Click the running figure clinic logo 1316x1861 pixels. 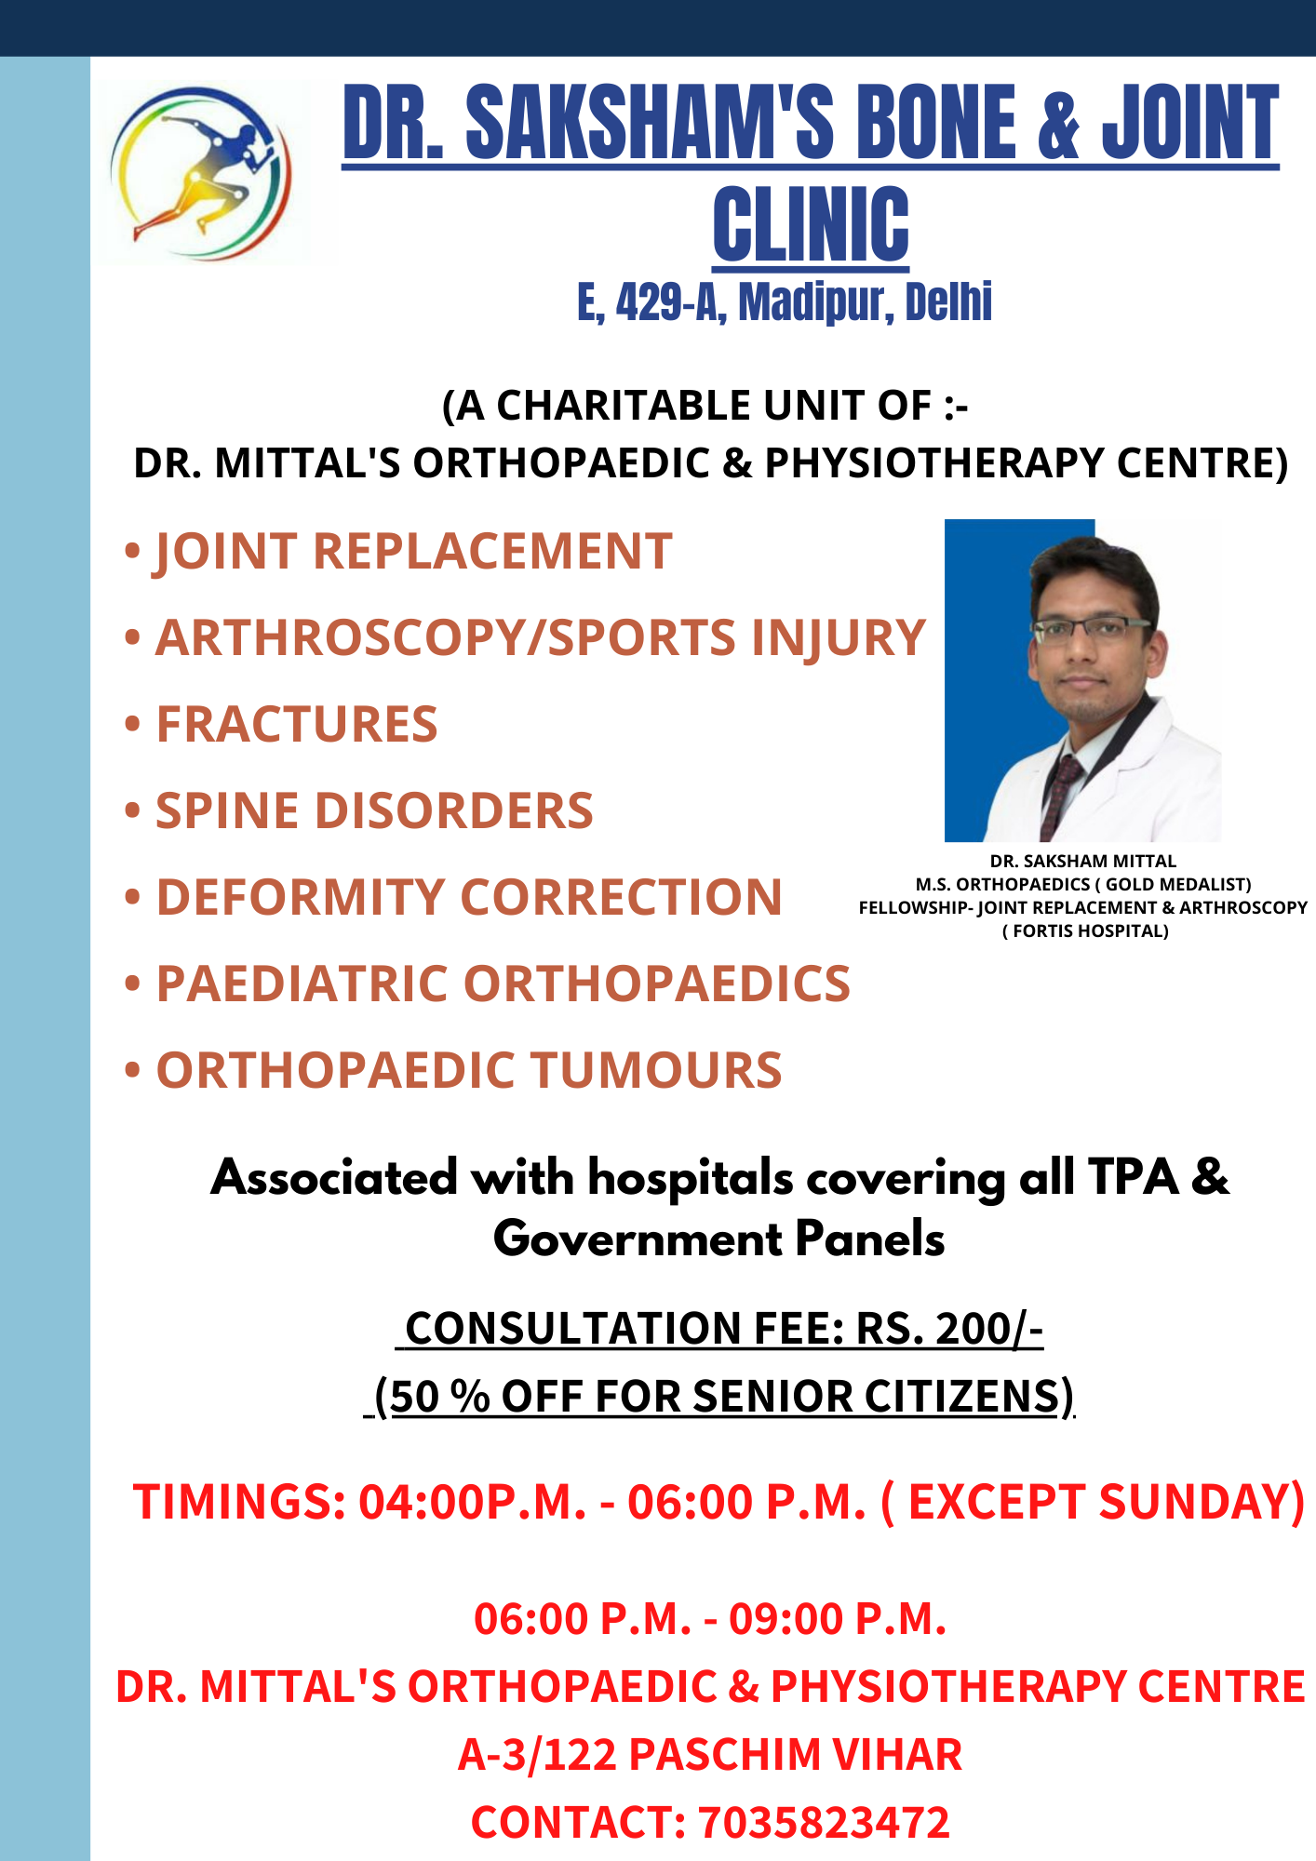click(x=201, y=173)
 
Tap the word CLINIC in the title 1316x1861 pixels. click(x=812, y=223)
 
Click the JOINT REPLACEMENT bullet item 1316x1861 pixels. click(x=398, y=552)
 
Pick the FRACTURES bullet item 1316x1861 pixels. click(x=280, y=724)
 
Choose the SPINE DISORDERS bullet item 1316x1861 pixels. click(x=358, y=810)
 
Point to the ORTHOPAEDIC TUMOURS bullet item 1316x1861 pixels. click(x=453, y=1070)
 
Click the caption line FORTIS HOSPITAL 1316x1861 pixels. click(x=1085, y=931)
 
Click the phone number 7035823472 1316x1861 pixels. click(x=824, y=1822)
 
